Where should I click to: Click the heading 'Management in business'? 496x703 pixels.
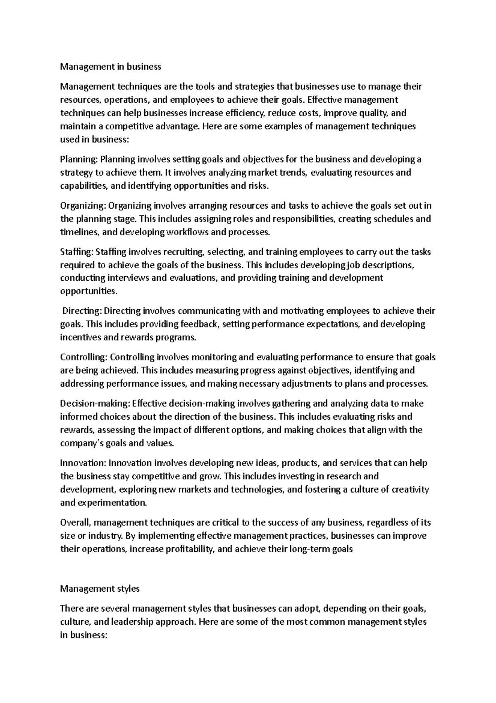[x=110, y=66]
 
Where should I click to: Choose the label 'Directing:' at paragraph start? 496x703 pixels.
[x=81, y=311]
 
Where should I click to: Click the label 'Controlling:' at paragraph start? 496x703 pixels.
[x=84, y=357]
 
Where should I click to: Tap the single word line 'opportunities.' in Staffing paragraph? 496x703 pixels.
[x=89, y=291]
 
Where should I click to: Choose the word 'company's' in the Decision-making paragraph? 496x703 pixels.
[x=81, y=443]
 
